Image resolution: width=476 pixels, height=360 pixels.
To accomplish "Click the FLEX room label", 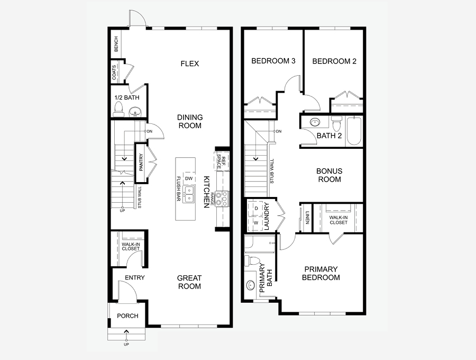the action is click(x=190, y=64).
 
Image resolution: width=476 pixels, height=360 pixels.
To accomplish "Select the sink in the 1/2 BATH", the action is click(x=135, y=111).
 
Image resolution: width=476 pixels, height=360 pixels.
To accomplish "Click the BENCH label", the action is click(x=116, y=44).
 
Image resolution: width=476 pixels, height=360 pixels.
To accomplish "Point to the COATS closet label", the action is click(x=114, y=73).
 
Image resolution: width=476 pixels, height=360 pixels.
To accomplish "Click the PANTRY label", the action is click(x=141, y=163).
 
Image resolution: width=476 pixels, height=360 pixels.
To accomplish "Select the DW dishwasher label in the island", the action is click(x=189, y=178).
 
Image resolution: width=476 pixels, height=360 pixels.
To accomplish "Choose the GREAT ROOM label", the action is click(x=189, y=282).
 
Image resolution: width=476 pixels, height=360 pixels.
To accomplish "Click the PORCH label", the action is click(x=127, y=316).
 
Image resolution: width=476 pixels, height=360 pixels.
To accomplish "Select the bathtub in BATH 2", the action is click(x=354, y=131).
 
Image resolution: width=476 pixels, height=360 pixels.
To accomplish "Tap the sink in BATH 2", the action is click(x=315, y=122).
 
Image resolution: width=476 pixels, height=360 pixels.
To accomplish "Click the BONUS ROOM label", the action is click(x=329, y=175).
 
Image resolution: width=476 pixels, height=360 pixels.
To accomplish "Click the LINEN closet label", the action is click(x=307, y=218).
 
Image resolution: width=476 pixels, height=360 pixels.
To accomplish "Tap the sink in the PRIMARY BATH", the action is click(x=251, y=285).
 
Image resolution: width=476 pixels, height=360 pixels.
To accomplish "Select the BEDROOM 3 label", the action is click(x=273, y=61).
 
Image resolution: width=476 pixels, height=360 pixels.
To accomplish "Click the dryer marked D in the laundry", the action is click(x=255, y=209).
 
